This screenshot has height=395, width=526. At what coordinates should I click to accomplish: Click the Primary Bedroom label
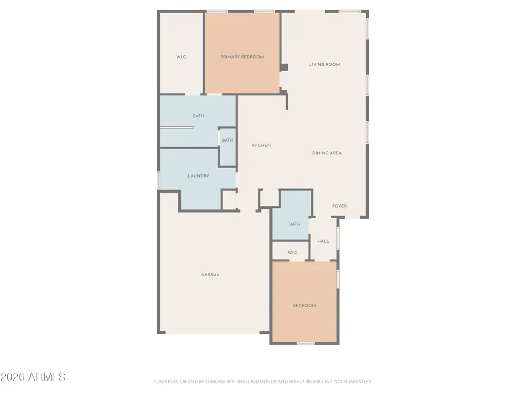point(242,57)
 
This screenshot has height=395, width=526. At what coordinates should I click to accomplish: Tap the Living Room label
point(325,64)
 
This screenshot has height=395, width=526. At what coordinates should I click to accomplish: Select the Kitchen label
point(261,145)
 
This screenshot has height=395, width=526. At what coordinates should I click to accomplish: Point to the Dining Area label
point(327,153)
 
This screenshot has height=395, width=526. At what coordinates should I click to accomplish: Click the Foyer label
point(339,206)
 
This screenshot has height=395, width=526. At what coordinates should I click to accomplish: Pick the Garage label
point(210,274)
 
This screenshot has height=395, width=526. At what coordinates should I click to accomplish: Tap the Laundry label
point(198,176)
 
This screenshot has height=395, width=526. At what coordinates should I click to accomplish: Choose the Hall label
point(323,241)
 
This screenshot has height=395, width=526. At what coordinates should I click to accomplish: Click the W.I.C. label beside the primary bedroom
point(181,57)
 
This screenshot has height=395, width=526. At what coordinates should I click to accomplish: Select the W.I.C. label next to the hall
point(293,253)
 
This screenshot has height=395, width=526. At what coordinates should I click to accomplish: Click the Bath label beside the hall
point(295,224)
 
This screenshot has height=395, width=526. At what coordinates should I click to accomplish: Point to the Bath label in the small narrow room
point(227,141)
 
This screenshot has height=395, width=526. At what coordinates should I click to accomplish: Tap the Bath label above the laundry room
point(198,116)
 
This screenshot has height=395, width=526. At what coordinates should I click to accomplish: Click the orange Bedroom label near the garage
point(304,305)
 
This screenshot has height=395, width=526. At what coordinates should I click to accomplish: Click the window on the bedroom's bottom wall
point(306,343)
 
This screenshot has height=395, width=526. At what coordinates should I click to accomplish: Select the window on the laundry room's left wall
point(159,180)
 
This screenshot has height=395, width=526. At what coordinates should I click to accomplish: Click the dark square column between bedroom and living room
point(284,67)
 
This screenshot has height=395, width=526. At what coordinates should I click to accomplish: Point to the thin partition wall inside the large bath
point(176,127)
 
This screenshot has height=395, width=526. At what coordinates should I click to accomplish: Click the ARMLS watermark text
point(33,377)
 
